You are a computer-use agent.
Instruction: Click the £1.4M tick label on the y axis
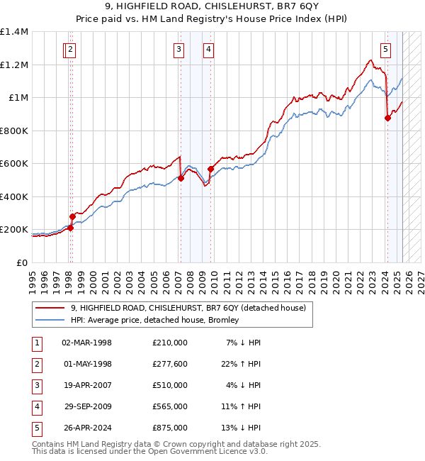coord(14,32)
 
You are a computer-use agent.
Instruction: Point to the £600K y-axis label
coord(14,164)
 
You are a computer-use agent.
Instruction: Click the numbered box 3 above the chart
coord(178,50)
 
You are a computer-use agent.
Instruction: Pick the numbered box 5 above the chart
coord(385,50)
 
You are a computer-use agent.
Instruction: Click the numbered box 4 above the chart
coord(209,50)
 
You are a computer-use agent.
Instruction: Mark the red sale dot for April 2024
coord(387,118)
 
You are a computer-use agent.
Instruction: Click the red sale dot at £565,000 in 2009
coord(210,170)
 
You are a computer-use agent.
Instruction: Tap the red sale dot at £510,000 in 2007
coord(181,179)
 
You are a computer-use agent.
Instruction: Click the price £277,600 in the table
coord(169,364)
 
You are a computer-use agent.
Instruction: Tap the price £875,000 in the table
coord(169,428)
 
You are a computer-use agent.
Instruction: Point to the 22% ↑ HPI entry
coord(244,364)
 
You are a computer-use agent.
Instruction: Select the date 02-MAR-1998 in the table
coord(87,343)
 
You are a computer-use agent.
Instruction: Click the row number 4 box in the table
coord(36,406)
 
